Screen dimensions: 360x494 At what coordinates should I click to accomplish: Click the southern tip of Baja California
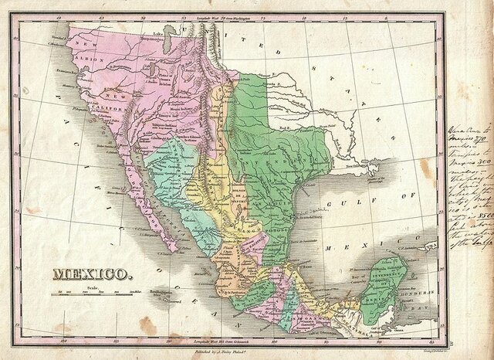pos(178,249)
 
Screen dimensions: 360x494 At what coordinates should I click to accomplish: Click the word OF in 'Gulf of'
pos(417,202)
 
